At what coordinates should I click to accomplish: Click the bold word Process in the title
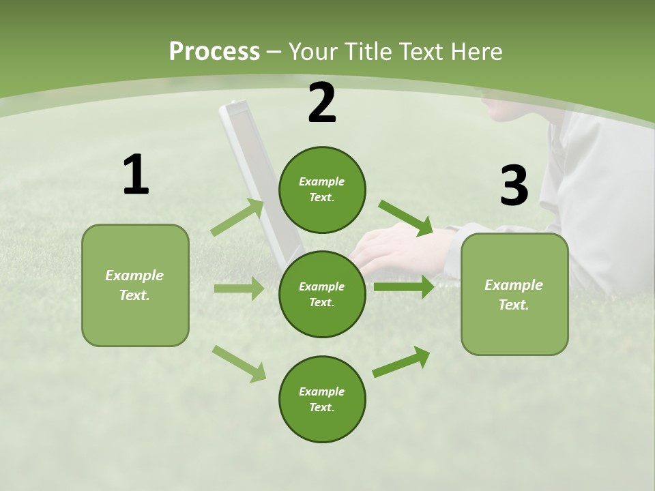[x=214, y=52]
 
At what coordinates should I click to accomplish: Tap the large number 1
[x=136, y=175]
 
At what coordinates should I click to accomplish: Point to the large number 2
[x=322, y=104]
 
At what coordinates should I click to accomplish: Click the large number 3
[x=514, y=185]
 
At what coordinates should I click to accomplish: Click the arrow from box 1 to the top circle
[x=238, y=218]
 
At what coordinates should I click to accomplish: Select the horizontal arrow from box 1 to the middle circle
[x=239, y=288]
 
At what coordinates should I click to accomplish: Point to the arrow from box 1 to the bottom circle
[x=239, y=363]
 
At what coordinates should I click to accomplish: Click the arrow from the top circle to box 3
[x=405, y=218]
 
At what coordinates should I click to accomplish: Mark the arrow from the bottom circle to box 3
[x=401, y=362]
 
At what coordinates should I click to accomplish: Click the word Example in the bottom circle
[x=321, y=391]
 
